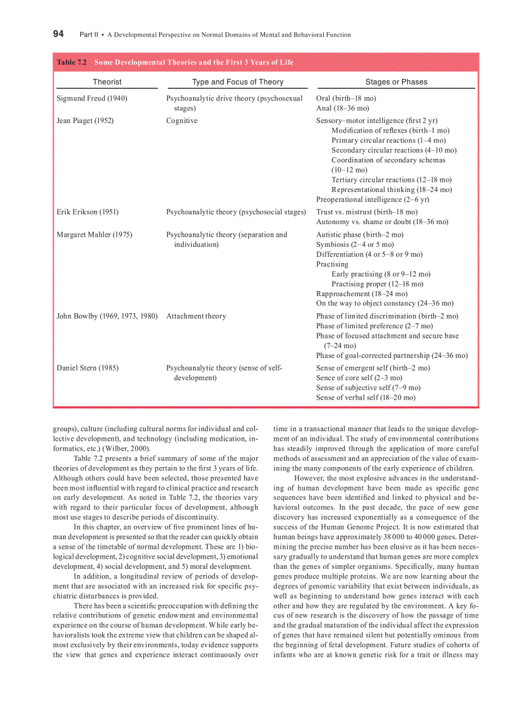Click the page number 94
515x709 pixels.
tap(58, 34)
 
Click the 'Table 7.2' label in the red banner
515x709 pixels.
tap(72, 63)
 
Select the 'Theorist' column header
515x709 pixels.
tap(107, 81)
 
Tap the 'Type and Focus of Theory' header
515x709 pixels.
tap(238, 81)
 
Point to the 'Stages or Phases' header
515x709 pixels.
tap(396, 81)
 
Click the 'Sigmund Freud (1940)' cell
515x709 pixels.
tap(92, 98)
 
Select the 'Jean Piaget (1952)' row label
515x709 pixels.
tap(85, 121)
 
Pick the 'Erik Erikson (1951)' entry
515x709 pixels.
tap(87, 212)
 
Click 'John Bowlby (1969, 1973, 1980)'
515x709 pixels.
tap(107, 316)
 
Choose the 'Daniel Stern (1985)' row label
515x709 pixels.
tap(87, 368)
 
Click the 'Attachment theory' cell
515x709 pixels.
tap(196, 316)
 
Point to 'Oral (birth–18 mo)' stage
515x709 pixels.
tap(346, 98)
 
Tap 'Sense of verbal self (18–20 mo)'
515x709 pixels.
tap(366, 398)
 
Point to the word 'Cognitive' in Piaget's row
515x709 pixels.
tap(182, 121)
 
